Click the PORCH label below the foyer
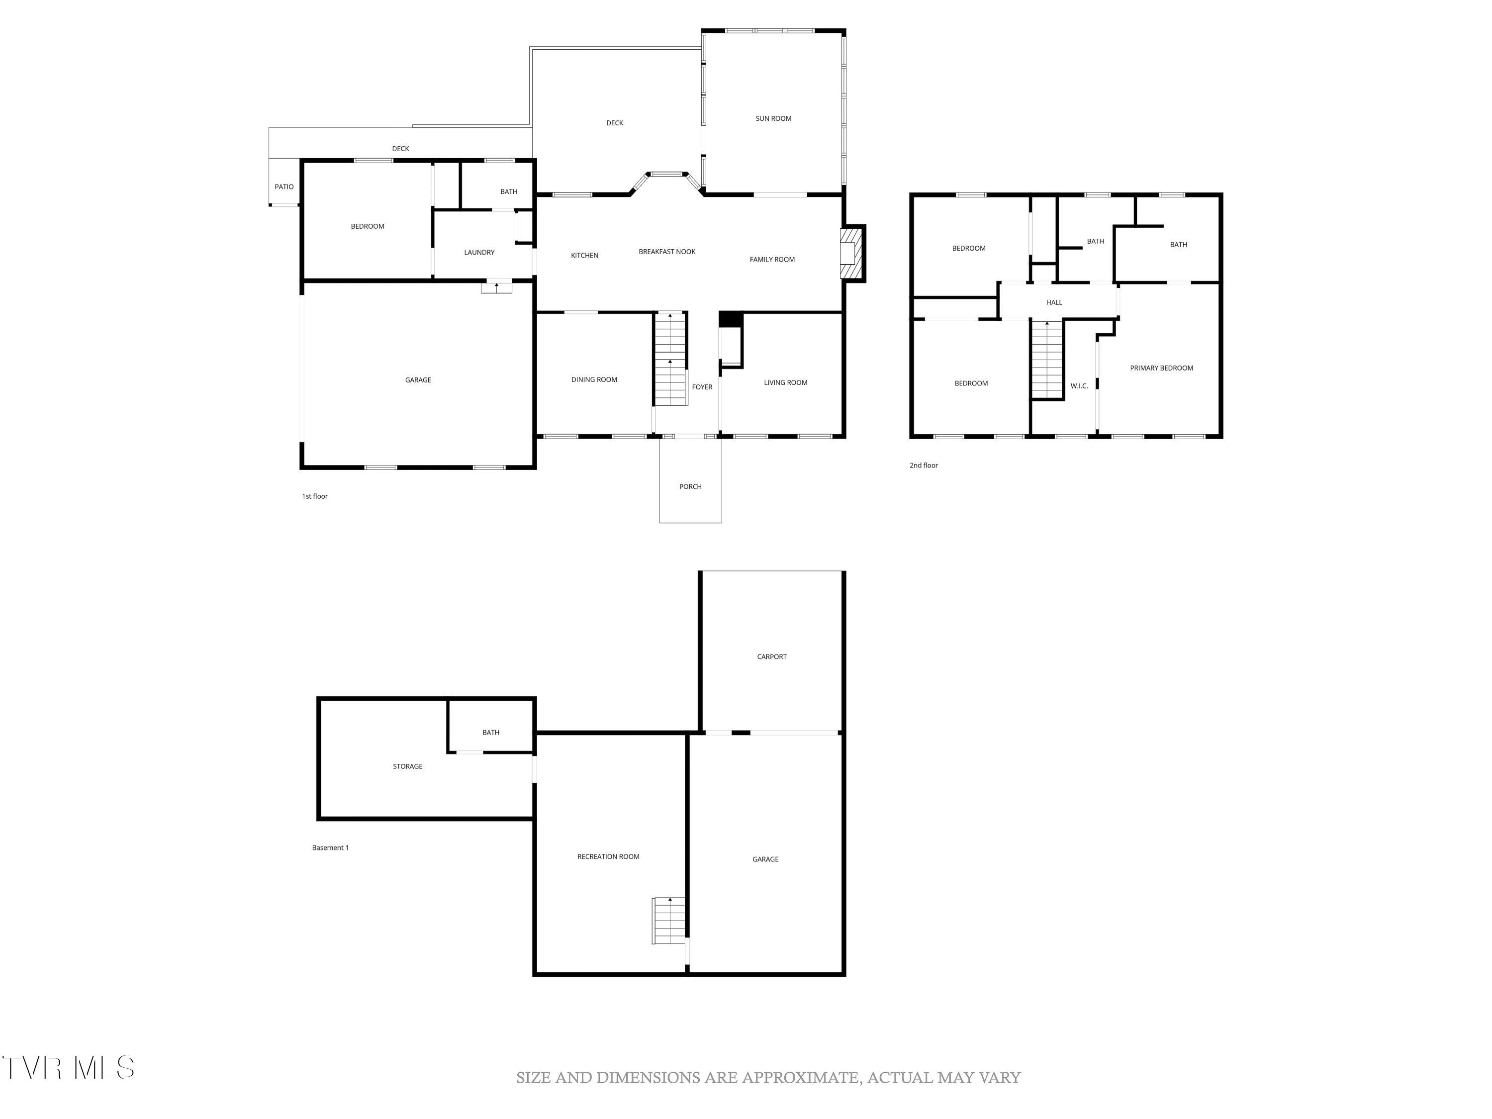(690, 486)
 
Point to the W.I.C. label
(1079, 386)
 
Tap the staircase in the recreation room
(668, 921)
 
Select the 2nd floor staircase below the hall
(1046, 361)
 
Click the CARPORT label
(772, 656)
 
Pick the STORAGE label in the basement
(407, 766)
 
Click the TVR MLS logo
(68, 1068)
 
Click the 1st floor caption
(314, 496)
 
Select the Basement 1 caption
(330, 848)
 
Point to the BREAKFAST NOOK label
(666, 252)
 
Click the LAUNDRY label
(479, 252)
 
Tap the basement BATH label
(490, 733)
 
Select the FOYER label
(701, 387)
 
